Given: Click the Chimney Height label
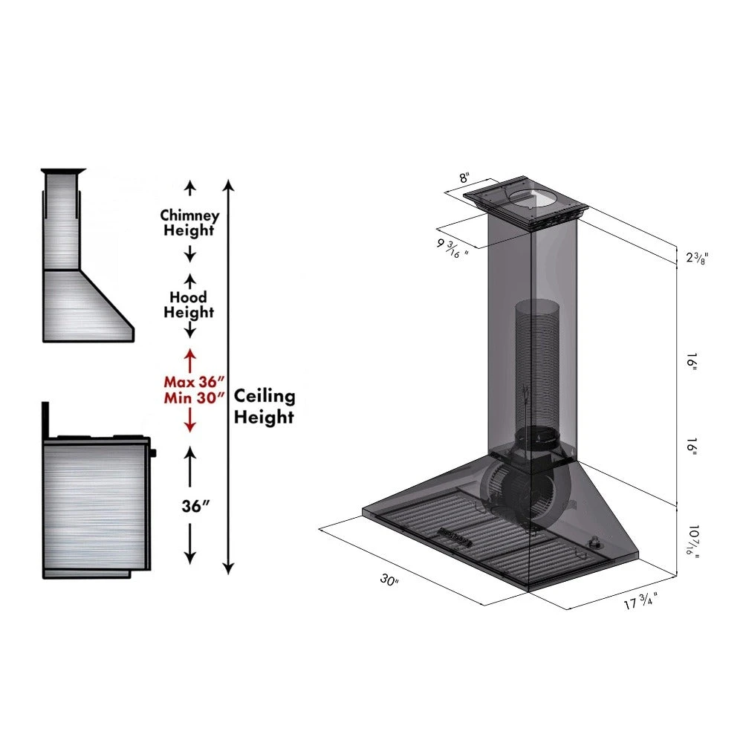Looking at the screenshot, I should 190,222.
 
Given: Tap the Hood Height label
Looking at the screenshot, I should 189,305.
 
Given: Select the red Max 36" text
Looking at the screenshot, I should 193,381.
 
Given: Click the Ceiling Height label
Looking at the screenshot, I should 264,406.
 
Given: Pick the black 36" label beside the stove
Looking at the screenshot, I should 195,506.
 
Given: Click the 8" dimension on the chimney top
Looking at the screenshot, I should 464,178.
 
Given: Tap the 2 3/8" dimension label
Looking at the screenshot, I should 696,258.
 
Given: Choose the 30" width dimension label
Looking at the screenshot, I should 389,580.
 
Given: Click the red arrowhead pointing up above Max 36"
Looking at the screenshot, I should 190,355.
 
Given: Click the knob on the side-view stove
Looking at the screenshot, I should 154,452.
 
